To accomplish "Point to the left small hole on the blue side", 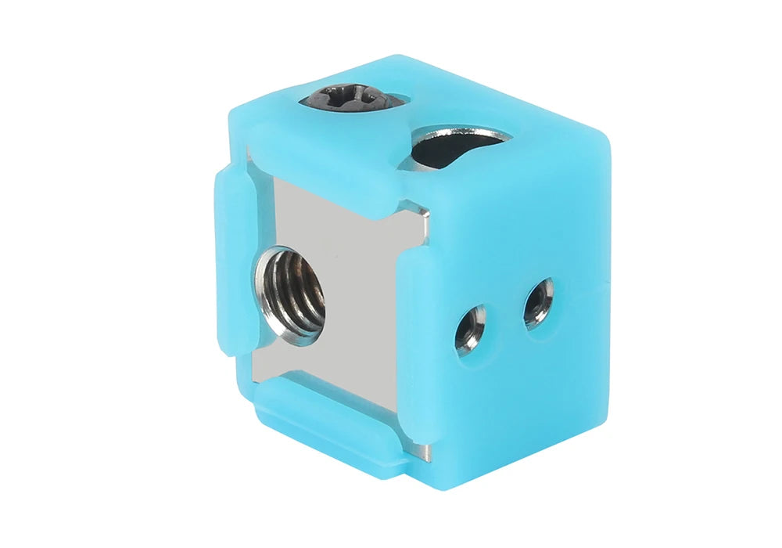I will point(470,328).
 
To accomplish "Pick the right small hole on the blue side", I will point(539,303).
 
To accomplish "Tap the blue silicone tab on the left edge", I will point(232,258).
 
